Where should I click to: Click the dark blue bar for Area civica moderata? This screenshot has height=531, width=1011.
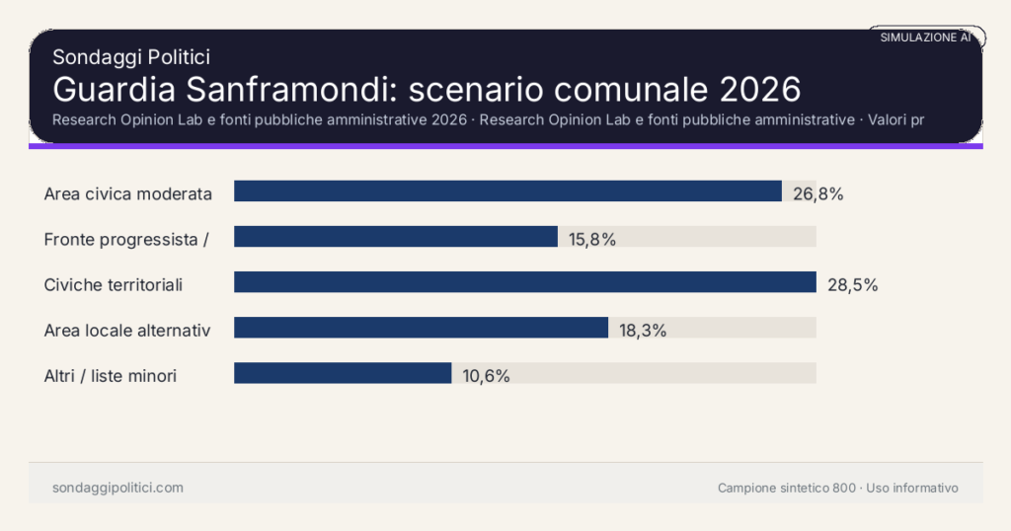[507, 191]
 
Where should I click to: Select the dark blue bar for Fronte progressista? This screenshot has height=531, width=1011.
[396, 237]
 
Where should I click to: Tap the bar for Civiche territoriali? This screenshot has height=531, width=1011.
[524, 282]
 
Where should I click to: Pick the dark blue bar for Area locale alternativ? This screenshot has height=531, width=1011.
[421, 328]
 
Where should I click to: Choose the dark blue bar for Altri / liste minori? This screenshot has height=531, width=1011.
[343, 373]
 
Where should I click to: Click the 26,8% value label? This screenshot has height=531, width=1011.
[817, 193]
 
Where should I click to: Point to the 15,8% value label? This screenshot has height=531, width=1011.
[592, 239]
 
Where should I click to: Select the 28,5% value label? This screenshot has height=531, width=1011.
[852, 285]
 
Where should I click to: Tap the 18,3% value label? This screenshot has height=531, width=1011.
[643, 331]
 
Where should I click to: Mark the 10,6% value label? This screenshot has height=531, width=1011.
[486, 376]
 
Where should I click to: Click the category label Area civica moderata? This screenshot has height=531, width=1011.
[128, 193]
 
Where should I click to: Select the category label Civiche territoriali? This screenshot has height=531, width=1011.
[114, 285]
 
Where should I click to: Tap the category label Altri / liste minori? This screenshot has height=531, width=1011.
[111, 376]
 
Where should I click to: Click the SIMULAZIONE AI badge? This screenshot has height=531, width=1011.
[925, 38]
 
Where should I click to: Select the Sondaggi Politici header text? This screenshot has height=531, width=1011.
[130, 57]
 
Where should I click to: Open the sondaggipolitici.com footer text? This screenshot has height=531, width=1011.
[117, 488]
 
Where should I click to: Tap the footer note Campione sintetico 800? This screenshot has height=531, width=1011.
[787, 488]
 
